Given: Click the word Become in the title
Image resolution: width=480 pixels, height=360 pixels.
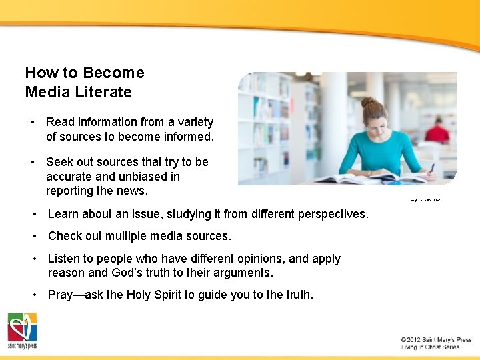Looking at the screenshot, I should (x=114, y=73).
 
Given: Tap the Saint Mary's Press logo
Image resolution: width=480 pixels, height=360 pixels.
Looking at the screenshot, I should (x=22, y=331).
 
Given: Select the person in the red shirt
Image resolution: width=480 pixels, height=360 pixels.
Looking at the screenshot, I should (x=437, y=131).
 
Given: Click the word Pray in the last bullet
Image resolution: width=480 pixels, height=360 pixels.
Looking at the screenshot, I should (x=61, y=294).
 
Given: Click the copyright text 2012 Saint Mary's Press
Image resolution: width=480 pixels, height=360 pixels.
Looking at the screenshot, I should (x=436, y=340).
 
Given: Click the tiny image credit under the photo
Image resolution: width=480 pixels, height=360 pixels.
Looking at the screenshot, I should (x=424, y=200).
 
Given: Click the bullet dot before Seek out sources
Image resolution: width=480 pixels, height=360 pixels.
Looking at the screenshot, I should (x=32, y=162).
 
